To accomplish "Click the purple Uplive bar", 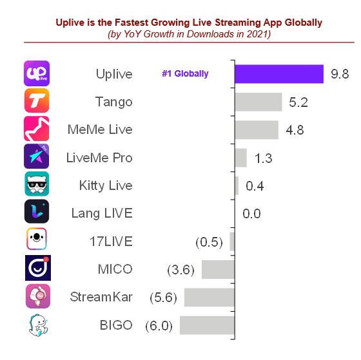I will click(x=279, y=74).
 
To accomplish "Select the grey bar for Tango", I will click(x=259, y=102).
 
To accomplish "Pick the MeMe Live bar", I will click(x=257, y=129).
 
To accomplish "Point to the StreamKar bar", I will click(x=210, y=297).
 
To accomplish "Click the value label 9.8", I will click(x=340, y=74).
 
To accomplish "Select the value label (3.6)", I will click(x=180, y=270).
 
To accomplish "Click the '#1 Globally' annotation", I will click(x=185, y=74).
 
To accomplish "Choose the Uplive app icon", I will click(x=37, y=74).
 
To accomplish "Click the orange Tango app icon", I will click(x=37, y=102).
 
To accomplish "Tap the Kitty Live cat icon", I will click(x=37, y=185).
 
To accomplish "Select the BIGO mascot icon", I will click(x=37, y=325).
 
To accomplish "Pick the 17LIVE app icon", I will click(x=37, y=241).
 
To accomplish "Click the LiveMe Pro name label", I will click(x=99, y=157).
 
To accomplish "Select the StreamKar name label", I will click(x=101, y=297).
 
